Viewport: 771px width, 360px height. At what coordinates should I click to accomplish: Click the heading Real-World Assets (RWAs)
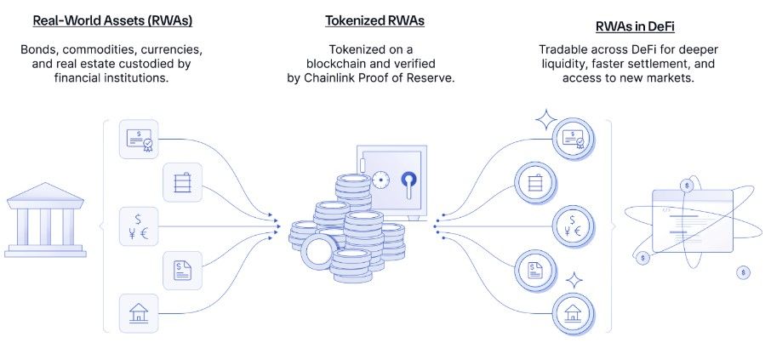coord(112,21)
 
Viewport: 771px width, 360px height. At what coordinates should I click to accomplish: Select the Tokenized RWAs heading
coord(374,20)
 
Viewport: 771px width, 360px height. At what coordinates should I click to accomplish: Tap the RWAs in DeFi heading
coord(635,26)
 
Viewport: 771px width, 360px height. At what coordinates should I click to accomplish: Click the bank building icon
coord(45,220)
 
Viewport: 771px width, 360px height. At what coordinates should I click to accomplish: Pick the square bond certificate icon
coord(139,140)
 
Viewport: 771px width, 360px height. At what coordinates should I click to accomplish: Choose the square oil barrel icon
coord(182,182)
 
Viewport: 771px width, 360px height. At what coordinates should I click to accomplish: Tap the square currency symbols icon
coord(139,226)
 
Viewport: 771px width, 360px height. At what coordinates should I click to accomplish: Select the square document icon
coord(182,270)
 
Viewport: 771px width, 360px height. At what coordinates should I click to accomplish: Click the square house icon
coord(139,313)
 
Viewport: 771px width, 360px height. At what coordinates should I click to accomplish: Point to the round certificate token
coord(574,140)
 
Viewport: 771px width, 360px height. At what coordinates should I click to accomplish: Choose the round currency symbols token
coord(574,226)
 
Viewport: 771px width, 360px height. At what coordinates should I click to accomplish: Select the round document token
coord(536,271)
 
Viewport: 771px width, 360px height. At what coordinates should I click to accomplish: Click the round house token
coord(574,314)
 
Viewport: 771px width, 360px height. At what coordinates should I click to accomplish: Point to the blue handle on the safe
coord(408,185)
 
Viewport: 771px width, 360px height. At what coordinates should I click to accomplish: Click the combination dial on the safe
coord(380,180)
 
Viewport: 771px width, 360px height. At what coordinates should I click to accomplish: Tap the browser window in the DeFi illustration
coord(693,220)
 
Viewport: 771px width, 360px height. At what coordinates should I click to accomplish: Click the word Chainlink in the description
coord(327,78)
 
